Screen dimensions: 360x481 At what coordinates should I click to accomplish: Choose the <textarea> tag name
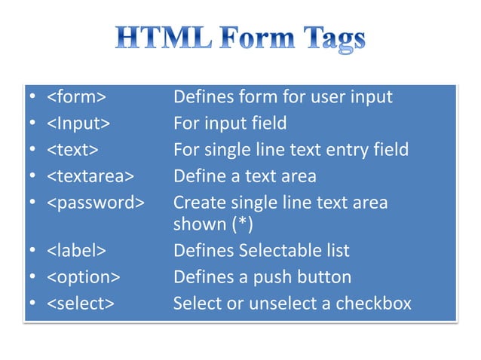point(90,175)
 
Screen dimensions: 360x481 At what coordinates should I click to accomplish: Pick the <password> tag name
point(96,202)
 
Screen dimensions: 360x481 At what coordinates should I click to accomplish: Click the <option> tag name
point(83,276)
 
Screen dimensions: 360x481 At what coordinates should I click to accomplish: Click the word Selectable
point(273,251)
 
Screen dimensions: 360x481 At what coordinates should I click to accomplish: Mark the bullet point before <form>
point(32,98)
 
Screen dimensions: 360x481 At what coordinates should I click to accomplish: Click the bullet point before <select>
point(32,304)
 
